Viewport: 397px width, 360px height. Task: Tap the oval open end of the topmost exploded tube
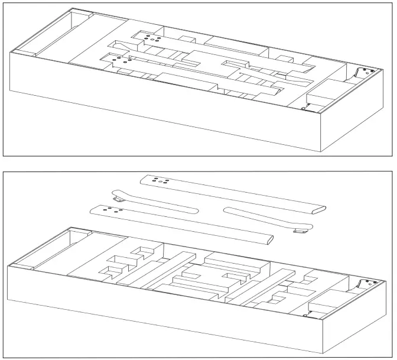click(318, 209)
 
